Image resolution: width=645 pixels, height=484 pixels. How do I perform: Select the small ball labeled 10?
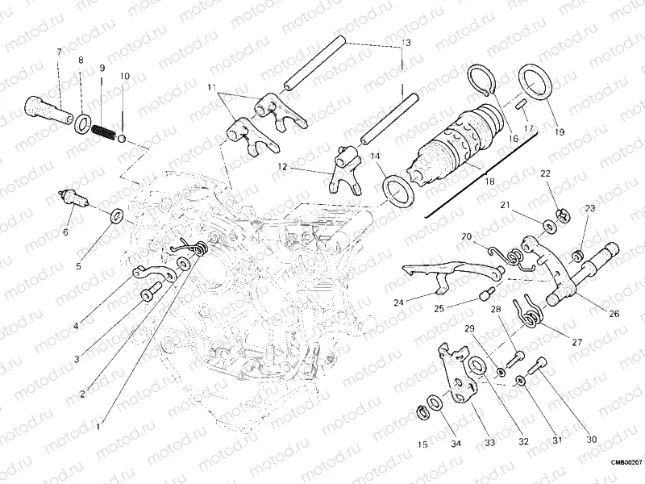pyautogui.click(x=122, y=138)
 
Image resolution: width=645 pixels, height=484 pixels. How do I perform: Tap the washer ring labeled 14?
pyautogui.click(x=397, y=191)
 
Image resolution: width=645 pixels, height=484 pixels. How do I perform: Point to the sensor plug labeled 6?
pyautogui.click(x=75, y=198)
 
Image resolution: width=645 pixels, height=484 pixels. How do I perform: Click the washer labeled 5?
pyautogui.click(x=116, y=215)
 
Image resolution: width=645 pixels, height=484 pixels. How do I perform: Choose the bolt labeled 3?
pyautogui.click(x=148, y=294)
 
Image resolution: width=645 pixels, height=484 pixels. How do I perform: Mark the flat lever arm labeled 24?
pyautogui.click(x=427, y=273)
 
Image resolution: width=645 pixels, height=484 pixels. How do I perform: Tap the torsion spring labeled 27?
pyautogui.click(x=530, y=311)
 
